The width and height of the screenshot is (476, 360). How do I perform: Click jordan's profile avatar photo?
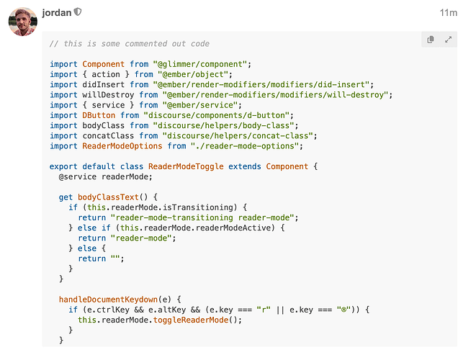[23, 22]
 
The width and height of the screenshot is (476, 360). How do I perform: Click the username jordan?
[57, 12]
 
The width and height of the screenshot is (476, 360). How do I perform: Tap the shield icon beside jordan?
[78, 12]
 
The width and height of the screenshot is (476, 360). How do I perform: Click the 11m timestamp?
[449, 13]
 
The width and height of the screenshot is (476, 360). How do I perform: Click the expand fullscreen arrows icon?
[448, 40]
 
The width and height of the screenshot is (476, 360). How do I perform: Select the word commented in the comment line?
[145, 44]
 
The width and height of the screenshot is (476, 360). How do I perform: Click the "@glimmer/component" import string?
[200, 64]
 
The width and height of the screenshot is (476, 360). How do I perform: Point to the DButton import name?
[99, 115]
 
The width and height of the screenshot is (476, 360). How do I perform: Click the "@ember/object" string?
[193, 74]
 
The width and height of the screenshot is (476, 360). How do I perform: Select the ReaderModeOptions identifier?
[122, 146]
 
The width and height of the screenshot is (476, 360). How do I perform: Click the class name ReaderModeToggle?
[186, 166]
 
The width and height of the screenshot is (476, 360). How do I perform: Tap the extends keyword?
[245, 166]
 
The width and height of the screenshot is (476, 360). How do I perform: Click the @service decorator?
[77, 176]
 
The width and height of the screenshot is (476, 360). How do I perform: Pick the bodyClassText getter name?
[108, 197]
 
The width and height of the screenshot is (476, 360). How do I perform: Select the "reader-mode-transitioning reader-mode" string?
[202, 217]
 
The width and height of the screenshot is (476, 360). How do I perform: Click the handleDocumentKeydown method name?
[108, 300]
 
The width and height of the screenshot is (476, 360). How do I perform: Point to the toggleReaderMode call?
[191, 320]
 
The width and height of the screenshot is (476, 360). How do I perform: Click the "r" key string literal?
[264, 310]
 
